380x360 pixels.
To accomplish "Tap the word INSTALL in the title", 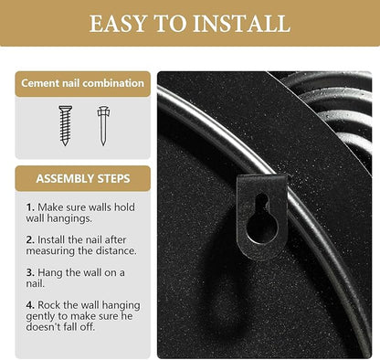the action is pos(242,23).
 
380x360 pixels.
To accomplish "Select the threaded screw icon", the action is pos(66,125).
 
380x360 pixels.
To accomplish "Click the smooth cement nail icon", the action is pos(103,125).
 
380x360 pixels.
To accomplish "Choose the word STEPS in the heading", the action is pos(114,178).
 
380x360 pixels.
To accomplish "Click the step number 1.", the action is pos(29,207).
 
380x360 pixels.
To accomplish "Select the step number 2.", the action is pos(30,240).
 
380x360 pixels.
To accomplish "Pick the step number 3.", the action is pos(30,272).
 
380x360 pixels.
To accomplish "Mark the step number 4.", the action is pos(30,305).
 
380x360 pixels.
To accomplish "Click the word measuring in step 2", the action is pos(50,251).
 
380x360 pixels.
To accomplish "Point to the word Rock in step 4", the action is pos(48,305).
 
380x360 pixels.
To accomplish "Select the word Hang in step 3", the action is pos(50,272).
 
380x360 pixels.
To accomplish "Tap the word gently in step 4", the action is pos(40,316).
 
